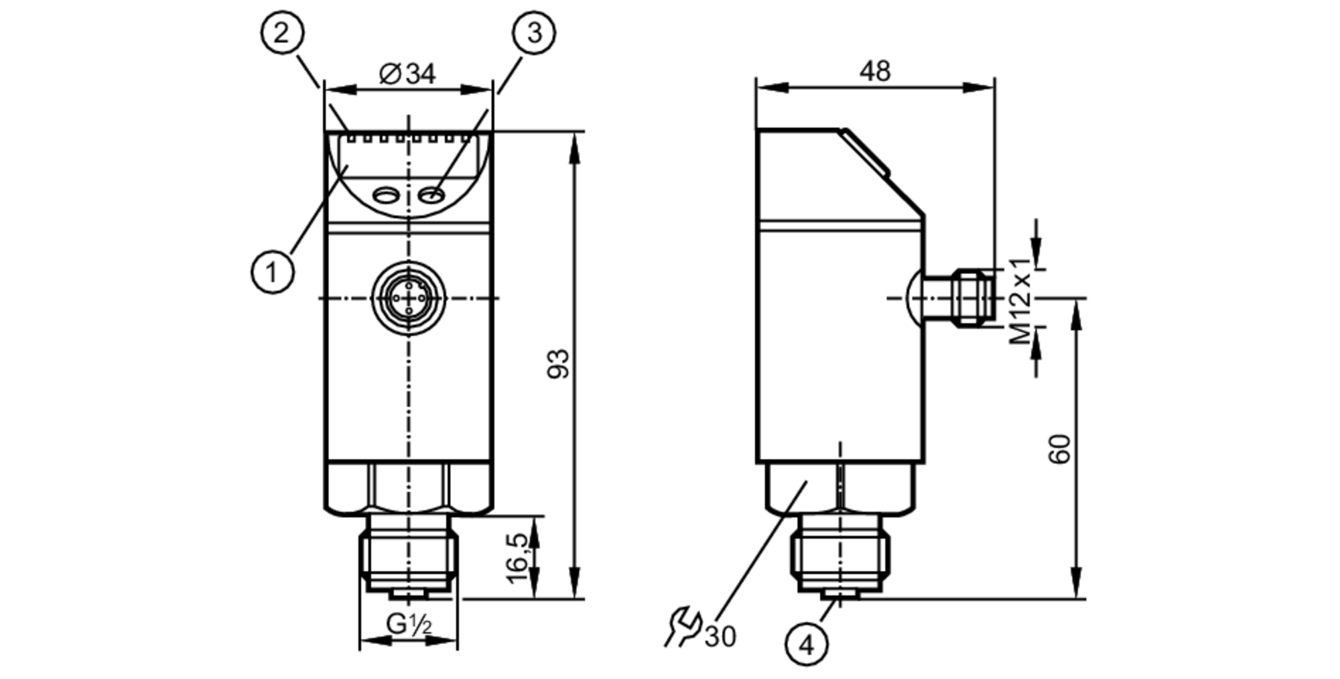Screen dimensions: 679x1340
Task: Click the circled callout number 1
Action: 272,272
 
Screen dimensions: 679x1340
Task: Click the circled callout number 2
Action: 281,32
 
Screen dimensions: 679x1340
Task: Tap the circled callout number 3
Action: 534,32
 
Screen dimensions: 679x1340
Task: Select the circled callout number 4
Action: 807,645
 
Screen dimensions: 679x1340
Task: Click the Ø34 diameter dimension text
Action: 407,74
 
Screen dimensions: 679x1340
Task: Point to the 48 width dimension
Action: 875,71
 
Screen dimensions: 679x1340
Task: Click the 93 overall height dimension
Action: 558,364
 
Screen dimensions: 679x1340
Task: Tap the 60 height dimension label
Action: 1059,449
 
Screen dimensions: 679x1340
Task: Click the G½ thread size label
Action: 409,625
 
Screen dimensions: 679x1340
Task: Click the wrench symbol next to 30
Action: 683,626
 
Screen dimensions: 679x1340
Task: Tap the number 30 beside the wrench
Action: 720,636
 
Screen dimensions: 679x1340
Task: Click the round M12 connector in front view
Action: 408,298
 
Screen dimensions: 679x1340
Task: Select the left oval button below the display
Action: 385,195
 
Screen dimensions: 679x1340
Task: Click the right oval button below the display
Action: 431,195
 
